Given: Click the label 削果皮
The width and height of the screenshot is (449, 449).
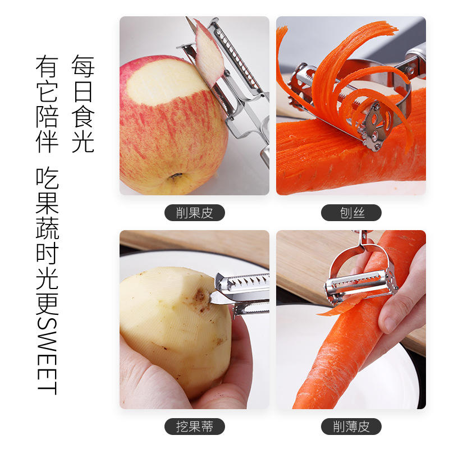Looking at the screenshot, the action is (x=194, y=213).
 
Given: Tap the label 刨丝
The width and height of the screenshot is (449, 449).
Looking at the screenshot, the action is (x=351, y=213).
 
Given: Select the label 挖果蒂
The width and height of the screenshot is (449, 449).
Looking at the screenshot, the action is (x=194, y=427).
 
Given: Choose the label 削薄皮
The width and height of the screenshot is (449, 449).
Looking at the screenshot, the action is (x=351, y=427).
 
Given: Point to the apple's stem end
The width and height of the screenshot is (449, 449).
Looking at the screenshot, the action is (x=176, y=176).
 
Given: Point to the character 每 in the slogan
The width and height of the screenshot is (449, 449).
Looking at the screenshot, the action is (x=83, y=66).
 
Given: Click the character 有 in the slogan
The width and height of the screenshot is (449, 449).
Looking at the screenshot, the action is (x=47, y=66).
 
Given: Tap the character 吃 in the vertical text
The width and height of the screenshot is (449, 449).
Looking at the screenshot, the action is (x=47, y=177).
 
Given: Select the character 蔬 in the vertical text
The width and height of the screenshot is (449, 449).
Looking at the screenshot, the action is (x=47, y=228).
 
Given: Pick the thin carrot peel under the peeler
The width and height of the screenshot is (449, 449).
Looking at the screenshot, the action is (x=338, y=306).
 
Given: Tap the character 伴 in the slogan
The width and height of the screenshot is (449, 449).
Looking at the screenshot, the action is (x=47, y=142).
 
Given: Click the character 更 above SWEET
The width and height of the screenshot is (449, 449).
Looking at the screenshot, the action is (x=47, y=304).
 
